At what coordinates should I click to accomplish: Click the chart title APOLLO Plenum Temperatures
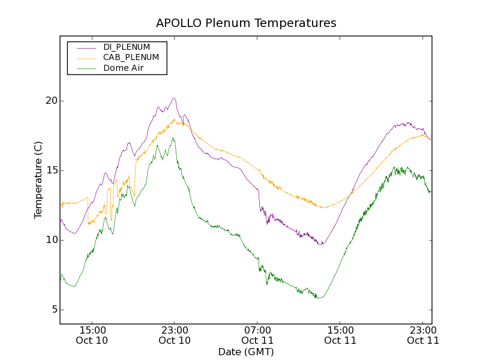[246, 23]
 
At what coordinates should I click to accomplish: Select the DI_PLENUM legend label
[127, 47]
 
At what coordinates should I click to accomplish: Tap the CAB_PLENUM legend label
[131, 58]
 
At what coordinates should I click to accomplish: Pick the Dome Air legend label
[123, 68]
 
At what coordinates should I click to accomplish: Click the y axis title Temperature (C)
[38, 180]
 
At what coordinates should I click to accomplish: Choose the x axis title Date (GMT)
[246, 352]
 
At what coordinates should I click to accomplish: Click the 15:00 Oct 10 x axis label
[92, 335]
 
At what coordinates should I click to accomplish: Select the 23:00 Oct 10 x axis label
[175, 335]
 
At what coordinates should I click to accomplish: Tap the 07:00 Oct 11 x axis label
[257, 335]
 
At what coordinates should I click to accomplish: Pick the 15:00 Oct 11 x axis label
[340, 335]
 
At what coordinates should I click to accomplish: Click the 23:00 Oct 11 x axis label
[423, 335]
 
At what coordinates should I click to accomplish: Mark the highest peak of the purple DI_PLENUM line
[174, 98]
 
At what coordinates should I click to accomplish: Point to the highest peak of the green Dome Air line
[173, 138]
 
